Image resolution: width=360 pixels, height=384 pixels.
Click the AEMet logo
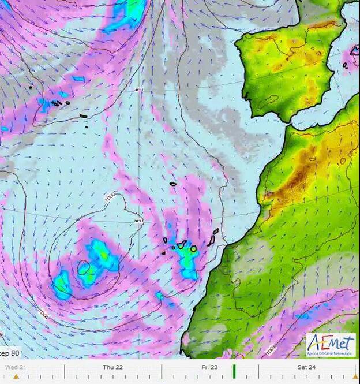pos(331,345)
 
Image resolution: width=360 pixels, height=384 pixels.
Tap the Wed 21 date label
pos(15,367)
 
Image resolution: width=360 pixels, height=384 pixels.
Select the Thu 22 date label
pos(112,367)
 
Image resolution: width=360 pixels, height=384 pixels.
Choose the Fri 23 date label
pos(209,367)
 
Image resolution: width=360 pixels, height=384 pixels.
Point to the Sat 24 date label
pos(306,367)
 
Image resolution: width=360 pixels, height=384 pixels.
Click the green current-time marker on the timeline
pos(234,370)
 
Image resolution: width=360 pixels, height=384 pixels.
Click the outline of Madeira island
pos(173,184)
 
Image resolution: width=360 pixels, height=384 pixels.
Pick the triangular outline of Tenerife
pos(181,245)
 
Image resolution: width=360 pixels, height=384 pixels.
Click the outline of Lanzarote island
pos(216,232)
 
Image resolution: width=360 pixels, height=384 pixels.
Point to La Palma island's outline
pos(164,240)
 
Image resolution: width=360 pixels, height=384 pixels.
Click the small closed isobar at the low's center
pos(84,268)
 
